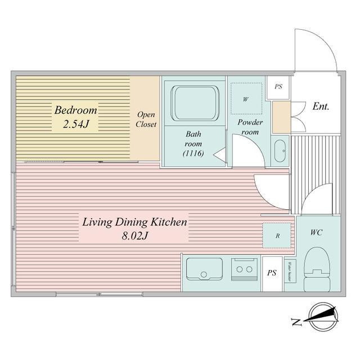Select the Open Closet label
pos(146,120)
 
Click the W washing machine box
pos(246,99)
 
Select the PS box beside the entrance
pos(278,88)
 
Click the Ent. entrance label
pos(321,106)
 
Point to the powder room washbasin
pos(279,150)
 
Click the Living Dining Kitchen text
pos(134,222)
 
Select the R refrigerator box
pos(277,236)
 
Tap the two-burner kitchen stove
pos(245,269)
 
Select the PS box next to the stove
pos(272,273)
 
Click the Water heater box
pos(290,271)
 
